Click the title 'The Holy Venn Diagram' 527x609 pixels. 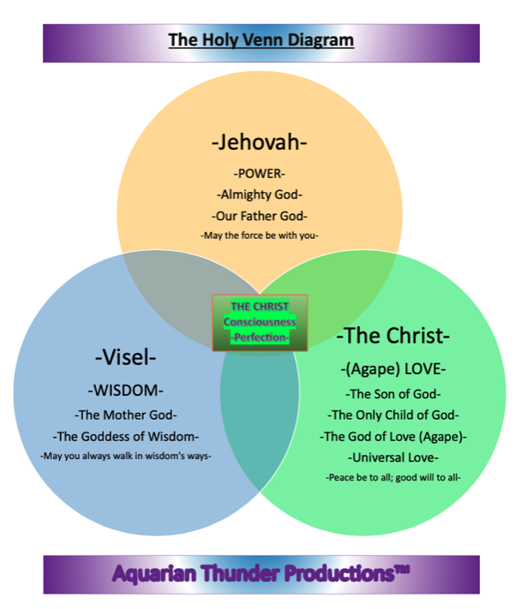(x=261, y=40)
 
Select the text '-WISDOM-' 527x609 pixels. (x=125, y=391)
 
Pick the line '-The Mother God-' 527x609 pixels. (x=125, y=415)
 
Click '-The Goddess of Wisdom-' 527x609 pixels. (x=125, y=436)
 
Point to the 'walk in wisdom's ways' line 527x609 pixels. (x=125, y=456)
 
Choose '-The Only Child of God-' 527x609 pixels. (x=393, y=415)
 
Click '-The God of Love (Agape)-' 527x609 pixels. (x=393, y=436)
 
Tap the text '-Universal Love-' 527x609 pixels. (x=393, y=457)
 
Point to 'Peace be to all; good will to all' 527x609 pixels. (x=393, y=477)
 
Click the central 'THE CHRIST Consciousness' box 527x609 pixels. (x=260, y=323)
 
